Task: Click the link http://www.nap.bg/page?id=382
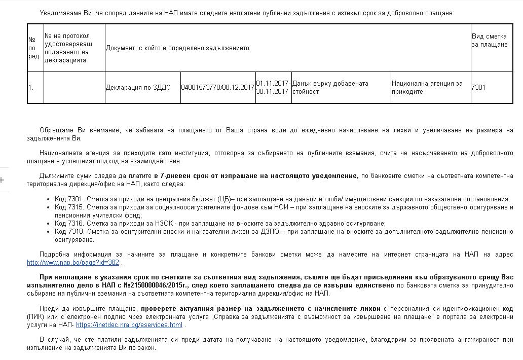point(73,263)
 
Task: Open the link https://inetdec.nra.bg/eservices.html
point(129,325)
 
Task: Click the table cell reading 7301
point(478,87)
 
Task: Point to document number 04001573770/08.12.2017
point(218,87)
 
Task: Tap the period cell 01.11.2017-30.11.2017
point(273,87)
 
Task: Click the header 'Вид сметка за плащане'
point(489,41)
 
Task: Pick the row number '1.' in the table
point(31,87)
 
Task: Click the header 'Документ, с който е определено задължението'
point(177,48)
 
